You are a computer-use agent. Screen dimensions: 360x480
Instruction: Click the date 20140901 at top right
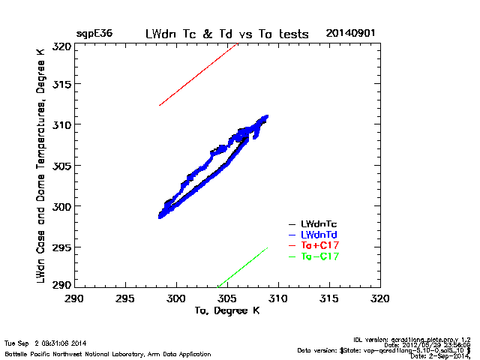(x=350, y=34)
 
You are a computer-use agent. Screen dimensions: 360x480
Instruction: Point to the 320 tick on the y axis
(x=61, y=46)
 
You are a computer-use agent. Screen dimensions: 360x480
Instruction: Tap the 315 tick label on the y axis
(x=61, y=84)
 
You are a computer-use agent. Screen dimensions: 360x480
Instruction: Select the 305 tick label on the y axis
(x=61, y=166)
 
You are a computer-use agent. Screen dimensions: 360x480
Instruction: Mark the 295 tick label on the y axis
(x=61, y=247)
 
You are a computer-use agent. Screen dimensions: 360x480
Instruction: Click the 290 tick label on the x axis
(x=74, y=298)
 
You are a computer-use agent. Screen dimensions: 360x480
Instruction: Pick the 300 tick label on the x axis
(x=176, y=298)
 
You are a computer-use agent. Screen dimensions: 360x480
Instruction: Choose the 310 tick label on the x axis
(x=279, y=298)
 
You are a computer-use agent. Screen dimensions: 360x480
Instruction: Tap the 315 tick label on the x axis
(x=330, y=298)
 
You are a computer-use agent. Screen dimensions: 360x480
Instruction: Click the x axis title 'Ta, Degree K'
(x=226, y=310)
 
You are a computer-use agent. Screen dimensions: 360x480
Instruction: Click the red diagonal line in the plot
(x=199, y=74)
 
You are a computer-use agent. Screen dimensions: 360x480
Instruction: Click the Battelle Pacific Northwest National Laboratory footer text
(x=107, y=354)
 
